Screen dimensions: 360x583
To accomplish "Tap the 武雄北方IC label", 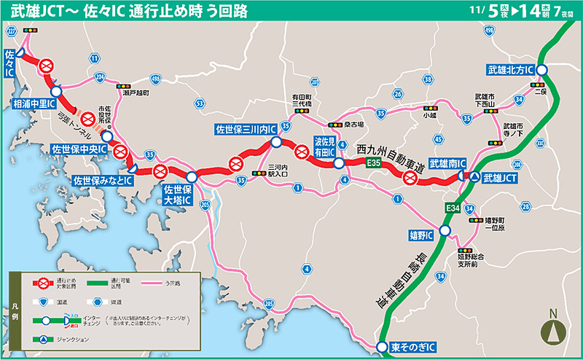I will tap(511, 70).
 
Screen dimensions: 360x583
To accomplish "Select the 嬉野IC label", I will tap(420, 235).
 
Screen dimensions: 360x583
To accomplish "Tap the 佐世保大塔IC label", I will tap(176, 194).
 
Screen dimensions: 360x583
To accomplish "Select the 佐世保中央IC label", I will tap(79, 149).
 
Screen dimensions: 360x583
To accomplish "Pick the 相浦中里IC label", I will tap(35, 105).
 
